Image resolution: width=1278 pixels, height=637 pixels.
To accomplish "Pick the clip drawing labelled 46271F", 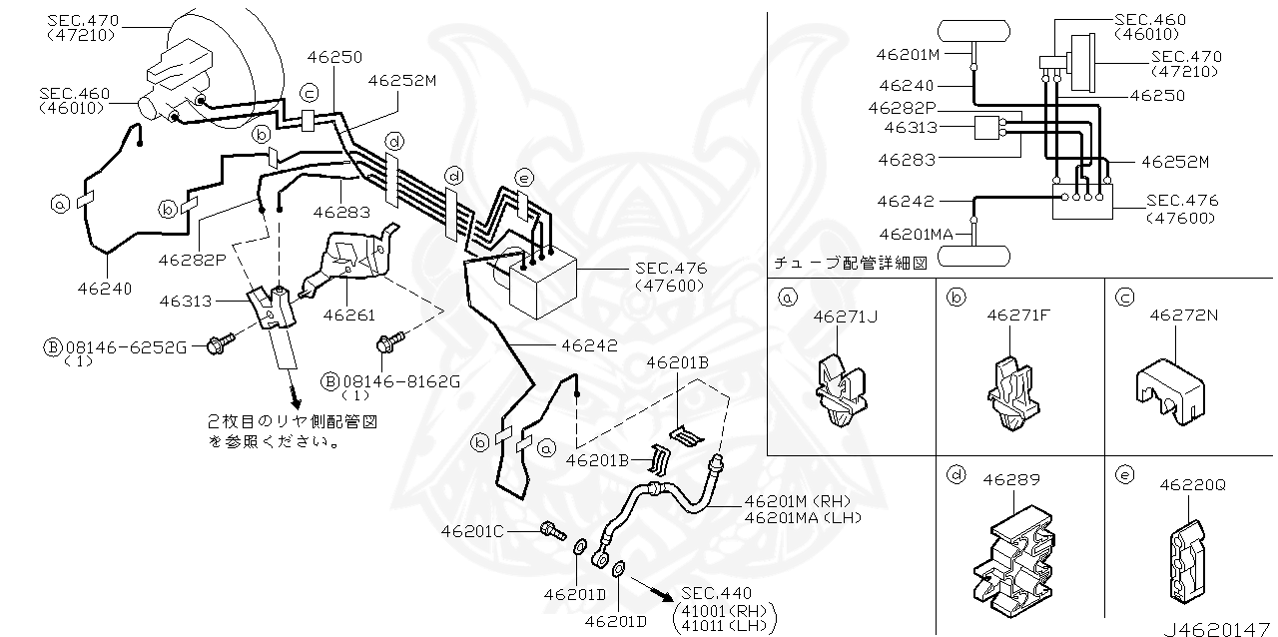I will coord(1011,391).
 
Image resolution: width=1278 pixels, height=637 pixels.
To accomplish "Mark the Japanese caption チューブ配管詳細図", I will coord(851,264).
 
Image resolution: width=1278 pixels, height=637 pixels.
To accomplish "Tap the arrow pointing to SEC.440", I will coord(653,589).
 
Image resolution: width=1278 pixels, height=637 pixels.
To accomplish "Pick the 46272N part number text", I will coord(1185,315).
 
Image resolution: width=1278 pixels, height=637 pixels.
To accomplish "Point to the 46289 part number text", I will coord(1007,480).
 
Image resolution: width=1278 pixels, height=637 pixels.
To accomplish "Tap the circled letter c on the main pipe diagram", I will coord(310,93).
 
